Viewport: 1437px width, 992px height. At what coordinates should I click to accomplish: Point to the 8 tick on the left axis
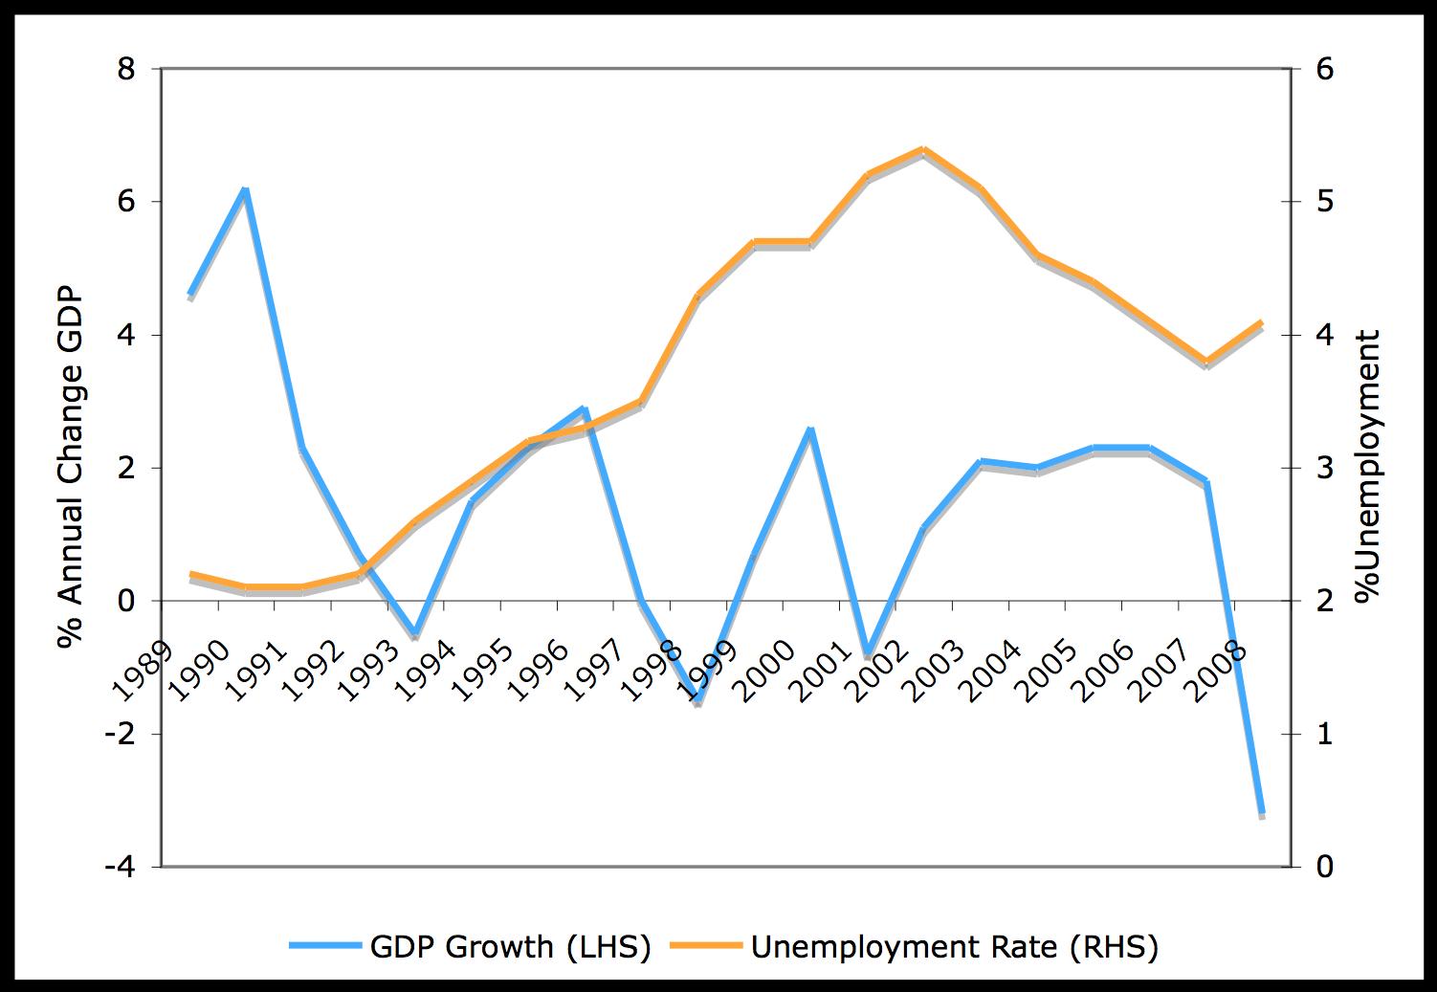point(126,70)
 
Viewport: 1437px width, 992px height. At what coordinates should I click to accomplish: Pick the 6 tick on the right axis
point(1325,70)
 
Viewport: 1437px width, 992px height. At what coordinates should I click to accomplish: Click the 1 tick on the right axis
point(1324,735)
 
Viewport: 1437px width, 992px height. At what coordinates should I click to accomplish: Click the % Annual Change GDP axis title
point(71,468)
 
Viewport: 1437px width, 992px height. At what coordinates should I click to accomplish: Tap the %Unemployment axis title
point(1369,467)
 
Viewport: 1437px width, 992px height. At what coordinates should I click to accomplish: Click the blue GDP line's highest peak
point(245,189)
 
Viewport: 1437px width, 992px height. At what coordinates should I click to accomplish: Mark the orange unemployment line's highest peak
point(923,149)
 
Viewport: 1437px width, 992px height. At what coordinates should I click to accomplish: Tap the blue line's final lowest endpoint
point(1262,812)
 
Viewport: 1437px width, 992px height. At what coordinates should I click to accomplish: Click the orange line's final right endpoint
point(1262,322)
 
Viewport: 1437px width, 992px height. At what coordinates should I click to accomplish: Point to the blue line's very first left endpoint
point(190,294)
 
